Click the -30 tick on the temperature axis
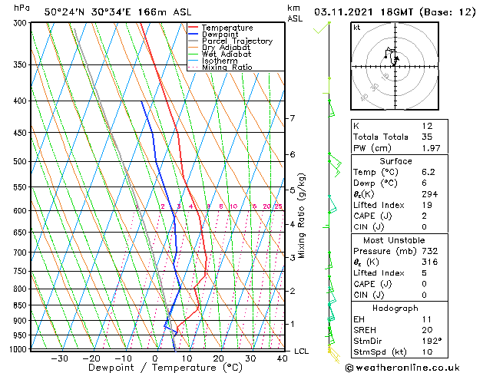point(59,358)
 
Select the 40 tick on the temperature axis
point(282,358)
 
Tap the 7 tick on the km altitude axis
point(292,118)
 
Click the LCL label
point(302,352)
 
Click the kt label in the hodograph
point(357,27)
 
